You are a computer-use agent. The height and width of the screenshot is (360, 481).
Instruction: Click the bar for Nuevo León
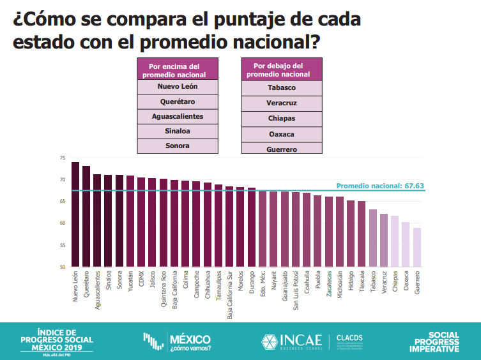pos(75,214)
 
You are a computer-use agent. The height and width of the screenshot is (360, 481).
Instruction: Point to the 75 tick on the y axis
pos(63,158)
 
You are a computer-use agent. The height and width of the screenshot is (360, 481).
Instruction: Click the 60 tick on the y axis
pos(63,223)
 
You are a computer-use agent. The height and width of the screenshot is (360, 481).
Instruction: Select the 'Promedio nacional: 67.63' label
pos(379,186)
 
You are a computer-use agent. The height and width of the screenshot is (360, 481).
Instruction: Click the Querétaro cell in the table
pos(178,101)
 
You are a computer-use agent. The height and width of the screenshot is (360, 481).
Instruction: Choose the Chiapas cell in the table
pos(281,118)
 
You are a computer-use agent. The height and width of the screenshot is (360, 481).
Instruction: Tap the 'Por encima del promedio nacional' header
pos(178,70)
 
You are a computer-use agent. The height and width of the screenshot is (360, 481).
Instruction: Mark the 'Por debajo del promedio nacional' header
pos(281,70)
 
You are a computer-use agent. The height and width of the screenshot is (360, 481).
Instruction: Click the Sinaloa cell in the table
pos(178,131)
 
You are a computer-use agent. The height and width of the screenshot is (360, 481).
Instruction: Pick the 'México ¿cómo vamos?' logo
pos(177,342)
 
